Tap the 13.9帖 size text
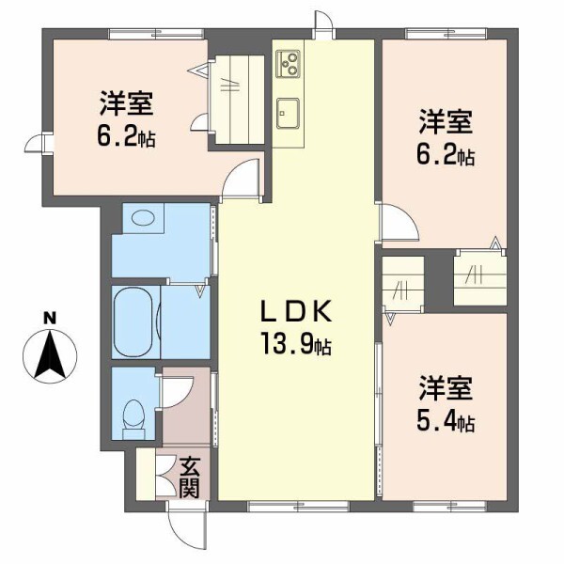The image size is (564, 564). (294, 345)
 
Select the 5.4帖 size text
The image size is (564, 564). (446, 420)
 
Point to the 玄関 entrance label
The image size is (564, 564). (189, 478)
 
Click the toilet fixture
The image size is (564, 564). (134, 418)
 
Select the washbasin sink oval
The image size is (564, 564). (142, 218)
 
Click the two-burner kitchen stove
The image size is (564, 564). (288, 66)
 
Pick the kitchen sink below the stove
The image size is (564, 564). (288, 111)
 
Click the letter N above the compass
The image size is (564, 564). (53, 319)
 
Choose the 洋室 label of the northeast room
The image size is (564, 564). (446, 121)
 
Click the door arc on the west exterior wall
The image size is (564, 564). (37, 142)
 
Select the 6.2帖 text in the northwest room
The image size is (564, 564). (125, 137)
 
